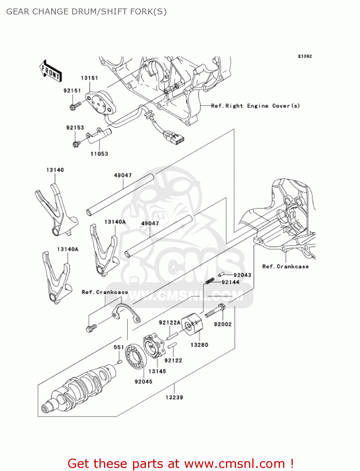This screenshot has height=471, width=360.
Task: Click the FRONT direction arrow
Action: click(50, 71)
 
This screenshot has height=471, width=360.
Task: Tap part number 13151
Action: click(89, 78)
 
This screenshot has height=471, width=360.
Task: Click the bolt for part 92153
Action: click(76, 144)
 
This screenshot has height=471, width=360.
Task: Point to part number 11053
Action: click(99, 154)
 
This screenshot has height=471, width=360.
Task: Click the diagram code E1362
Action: click(305, 56)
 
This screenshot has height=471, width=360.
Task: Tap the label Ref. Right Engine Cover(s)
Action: click(255, 106)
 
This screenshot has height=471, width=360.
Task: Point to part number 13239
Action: click(174, 397)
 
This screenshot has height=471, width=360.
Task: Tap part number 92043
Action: click(242, 275)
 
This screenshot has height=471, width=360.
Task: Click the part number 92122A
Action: click(169, 322)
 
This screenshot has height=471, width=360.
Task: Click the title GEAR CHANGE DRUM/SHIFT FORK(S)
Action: click(86, 12)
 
